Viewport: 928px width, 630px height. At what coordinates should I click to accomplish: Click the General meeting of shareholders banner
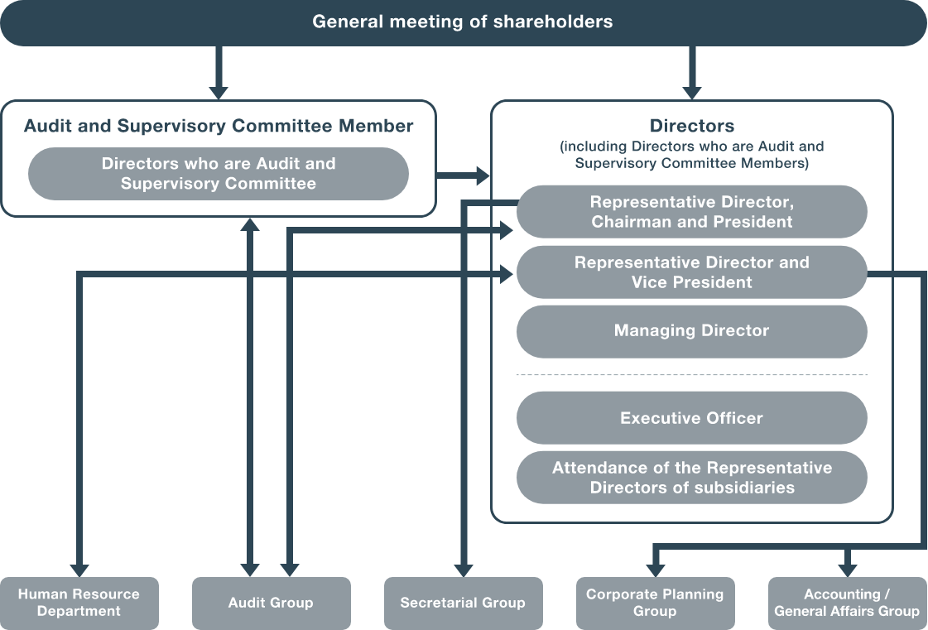pyautogui.click(x=463, y=22)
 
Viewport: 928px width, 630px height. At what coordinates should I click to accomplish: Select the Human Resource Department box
pyautogui.click(x=79, y=603)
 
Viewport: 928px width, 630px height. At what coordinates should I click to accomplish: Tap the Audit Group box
pyautogui.click(x=271, y=603)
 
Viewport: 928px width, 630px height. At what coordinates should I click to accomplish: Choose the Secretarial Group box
pyautogui.click(x=463, y=603)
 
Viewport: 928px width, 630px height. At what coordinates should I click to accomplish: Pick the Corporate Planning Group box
pyautogui.click(x=655, y=603)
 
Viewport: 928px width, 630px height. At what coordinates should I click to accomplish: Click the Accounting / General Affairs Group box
pyautogui.click(x=847, y=603)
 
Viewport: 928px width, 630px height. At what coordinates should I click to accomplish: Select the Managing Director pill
pyautogui.click(x=691, y=331)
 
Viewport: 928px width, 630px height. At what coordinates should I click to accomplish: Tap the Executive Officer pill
pyautogui.click(x=691, y=418)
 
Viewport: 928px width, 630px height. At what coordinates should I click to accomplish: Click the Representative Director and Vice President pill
pyautogui.click(x=691, y=272)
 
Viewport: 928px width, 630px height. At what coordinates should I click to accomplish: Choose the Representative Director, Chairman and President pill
pyautogui.click(x=691, y=212)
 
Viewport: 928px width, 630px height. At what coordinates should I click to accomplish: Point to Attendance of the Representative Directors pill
pyautogui.click(x=691, y=478)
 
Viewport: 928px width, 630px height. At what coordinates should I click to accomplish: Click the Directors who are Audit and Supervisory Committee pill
pyautogui.click(x=219, y=174)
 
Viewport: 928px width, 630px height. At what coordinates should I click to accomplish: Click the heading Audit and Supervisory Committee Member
pyautogui.click(x=219, y=126)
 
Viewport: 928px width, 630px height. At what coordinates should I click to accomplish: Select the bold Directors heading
pyautogui.click(x=692, y=126)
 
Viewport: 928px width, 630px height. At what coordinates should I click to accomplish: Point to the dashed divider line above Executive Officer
pyautogui.click(x=691, y=374)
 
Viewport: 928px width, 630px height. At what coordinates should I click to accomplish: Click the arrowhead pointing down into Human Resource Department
pyautogui.click(x=79, y=570)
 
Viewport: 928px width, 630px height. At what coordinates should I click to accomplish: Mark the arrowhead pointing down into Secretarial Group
pyautogui.click(x=463, y=570)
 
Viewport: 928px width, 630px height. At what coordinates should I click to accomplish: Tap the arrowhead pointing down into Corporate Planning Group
pyautogui.click(x=655, y=570)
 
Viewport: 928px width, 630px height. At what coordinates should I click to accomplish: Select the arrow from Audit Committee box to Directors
pyautogui.click(x=464, y=175)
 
